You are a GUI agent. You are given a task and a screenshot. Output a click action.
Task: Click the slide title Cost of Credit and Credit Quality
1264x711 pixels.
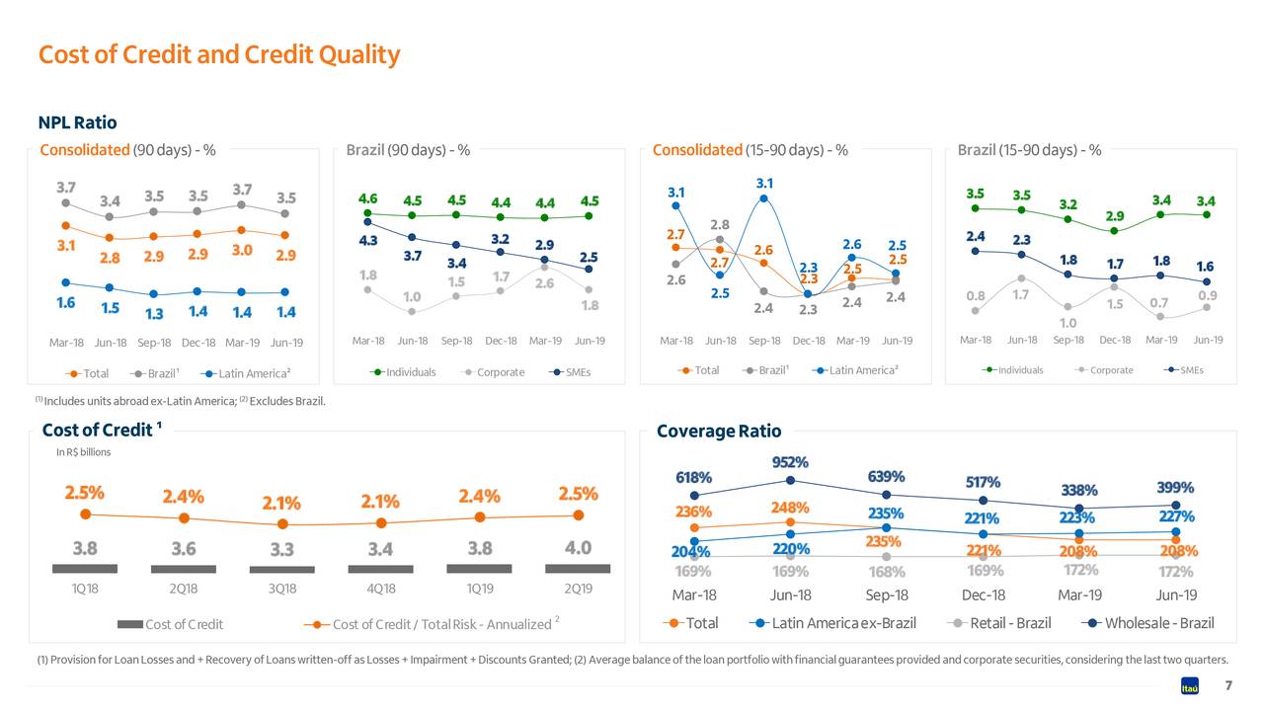[218, 54]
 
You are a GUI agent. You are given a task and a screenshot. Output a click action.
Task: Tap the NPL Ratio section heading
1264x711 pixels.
[77, 122]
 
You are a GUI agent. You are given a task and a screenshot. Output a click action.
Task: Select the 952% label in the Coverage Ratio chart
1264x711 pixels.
[790, 462]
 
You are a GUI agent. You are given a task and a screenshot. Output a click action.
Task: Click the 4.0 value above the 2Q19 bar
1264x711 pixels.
[578, 548]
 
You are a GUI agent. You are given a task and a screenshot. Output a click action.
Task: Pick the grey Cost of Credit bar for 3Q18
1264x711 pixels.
[281, 569]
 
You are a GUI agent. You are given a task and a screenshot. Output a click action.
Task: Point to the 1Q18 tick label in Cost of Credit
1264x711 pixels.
[85, 589]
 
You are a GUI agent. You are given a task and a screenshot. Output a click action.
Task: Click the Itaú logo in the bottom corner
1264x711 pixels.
[1190, 687]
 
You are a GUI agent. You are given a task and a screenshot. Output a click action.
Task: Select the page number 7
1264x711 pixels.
[1227, 686]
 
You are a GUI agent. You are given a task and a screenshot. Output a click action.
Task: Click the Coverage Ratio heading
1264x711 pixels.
[718, 432]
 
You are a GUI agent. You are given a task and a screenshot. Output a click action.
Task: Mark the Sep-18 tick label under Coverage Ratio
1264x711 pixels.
[886, 595]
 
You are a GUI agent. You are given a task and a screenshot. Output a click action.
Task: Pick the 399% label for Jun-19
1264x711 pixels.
[1175, 488]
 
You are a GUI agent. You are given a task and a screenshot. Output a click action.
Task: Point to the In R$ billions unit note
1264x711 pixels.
[83, 452]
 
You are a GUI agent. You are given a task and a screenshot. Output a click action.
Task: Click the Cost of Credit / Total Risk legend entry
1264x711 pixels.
[434, 624]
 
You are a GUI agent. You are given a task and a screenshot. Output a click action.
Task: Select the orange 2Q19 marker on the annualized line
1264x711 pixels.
[578, 514]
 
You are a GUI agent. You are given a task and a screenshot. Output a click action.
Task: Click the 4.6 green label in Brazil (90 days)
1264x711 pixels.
[367, 198]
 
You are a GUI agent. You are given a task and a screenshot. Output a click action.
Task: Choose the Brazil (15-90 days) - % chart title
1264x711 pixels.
[1029, 150]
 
